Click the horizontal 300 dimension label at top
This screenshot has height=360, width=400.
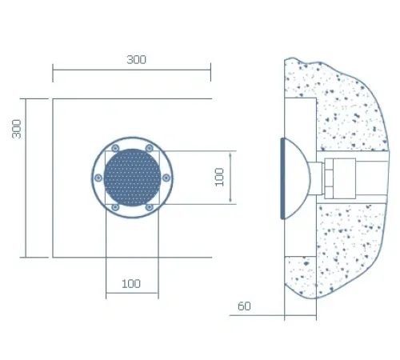click(136, 59)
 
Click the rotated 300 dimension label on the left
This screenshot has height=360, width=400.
click(17, 129)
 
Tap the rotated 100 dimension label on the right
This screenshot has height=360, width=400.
click(219, 177)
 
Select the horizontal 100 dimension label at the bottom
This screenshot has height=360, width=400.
click(131, 284)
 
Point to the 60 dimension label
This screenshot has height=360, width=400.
click(244, 306)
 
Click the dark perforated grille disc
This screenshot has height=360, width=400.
click(133, 178)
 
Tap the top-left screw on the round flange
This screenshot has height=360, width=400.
click(115, 148)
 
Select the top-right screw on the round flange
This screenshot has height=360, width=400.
click(150, 148)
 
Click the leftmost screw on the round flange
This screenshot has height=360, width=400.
click(98, 178)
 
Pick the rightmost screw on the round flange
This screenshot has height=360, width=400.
click(166, 178)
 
